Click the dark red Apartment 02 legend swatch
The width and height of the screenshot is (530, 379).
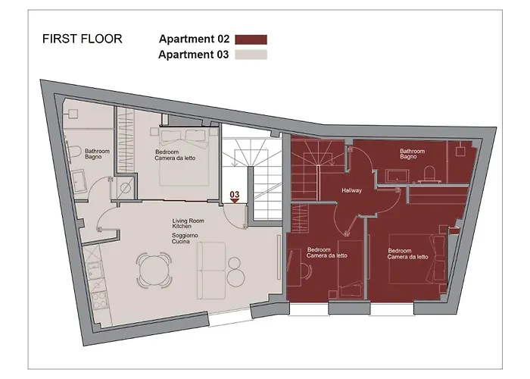[x=251, y=39]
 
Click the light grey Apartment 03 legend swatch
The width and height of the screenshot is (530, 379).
[x=251, y=55]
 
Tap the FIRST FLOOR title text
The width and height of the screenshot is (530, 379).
[x=82, y=39]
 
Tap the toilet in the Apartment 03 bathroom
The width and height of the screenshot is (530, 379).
[x=72, y=152]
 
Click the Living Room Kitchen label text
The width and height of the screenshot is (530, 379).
[x=187, y=223]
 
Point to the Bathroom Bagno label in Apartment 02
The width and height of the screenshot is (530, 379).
[x=412, y=154]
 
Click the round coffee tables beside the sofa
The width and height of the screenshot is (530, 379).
[x=235, y=271]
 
